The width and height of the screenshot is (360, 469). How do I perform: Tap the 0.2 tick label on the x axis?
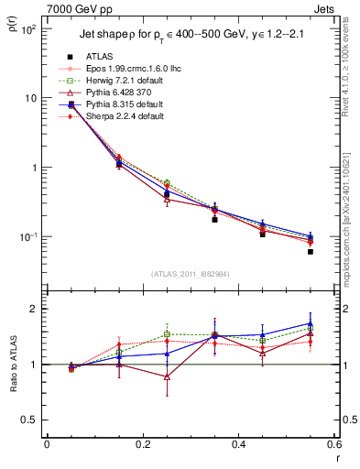tap(143, 444)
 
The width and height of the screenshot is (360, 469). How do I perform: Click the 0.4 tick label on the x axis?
tap(239, 444)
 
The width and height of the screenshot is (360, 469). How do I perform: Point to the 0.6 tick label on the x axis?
tap(334, 444)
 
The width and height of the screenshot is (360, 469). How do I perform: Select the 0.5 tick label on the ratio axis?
tap(34, 420)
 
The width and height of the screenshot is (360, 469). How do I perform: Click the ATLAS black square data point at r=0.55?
tap(311, 251)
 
